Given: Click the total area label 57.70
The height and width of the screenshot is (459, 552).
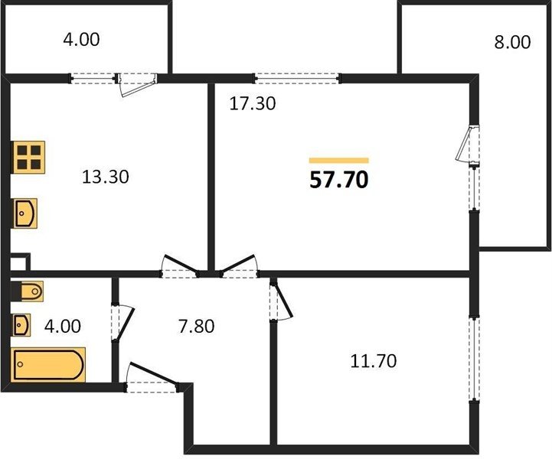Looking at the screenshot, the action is tap(338, 180).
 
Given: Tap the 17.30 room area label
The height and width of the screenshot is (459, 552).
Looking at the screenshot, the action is tap(253, 103).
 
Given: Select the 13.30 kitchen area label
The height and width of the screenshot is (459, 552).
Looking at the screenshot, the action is tap(105, 177).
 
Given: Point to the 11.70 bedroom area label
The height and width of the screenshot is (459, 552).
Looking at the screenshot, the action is tap(374, 361).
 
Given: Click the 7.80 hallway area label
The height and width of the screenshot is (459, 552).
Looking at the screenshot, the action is tap(197, 327).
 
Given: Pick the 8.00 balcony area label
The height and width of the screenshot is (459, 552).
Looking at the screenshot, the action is tap(512, 42).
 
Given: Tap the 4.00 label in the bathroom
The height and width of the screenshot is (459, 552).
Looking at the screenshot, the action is tap(63, 327).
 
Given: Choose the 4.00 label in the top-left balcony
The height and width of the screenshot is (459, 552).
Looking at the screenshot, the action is tap(81, 39).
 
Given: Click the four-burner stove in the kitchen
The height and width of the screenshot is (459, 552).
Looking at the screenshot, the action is tap(28, 157).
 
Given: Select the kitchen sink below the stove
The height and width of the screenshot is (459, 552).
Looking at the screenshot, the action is tap(25, 213).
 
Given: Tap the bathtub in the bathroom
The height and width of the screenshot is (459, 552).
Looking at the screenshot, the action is tap(48, 364).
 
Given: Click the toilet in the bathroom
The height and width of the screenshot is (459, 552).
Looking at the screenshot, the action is tap(31, 291).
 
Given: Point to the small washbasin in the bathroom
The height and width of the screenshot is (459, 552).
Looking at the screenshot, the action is tap(21, 324).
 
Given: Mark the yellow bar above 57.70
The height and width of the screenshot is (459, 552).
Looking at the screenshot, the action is tap(338, 161).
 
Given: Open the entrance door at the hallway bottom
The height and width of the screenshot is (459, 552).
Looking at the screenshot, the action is tap(152, 377).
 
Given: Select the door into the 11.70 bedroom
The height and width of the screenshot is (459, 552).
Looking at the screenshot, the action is tap(281, 300).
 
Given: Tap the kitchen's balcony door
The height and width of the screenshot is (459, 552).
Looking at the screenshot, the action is tap(137, 83).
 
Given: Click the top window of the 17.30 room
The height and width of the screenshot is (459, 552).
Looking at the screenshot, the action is tap(298, 78).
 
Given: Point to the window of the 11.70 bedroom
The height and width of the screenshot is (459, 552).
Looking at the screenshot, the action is tap(474, 359).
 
